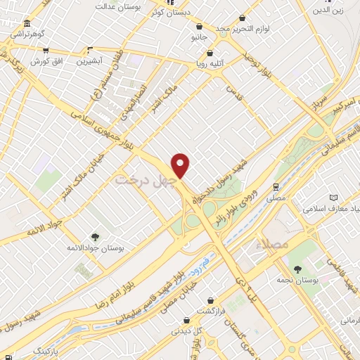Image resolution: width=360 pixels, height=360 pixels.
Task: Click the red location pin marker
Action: [181, 165]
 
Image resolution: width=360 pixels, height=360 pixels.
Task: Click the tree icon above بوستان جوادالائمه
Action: [94, 237]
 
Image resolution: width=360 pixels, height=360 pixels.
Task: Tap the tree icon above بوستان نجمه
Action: [297, 269]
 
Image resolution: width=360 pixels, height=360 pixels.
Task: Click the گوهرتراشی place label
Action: [25, 33]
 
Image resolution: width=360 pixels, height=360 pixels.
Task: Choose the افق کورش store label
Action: [45, 60]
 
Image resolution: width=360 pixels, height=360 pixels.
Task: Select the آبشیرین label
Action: [90, 60]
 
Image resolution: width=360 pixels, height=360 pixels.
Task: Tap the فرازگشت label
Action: [209, 310]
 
